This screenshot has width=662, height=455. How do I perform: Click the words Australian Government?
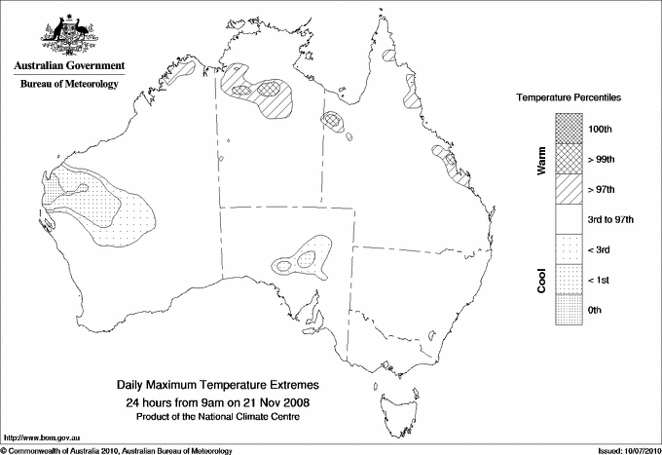pos(69,66)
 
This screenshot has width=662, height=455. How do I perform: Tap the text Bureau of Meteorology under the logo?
pos(69,85)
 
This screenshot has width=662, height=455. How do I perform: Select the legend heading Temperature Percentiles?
pos(570,98)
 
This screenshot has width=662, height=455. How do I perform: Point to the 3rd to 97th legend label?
pos(610,219)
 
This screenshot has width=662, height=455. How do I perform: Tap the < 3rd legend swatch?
pos(570,249)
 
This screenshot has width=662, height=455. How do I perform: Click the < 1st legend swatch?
pos(570,280)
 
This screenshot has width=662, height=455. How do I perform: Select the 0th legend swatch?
pos(570,310)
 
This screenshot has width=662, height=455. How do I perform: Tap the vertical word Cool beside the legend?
pos(541,280)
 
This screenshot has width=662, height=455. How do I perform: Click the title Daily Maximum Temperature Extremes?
pos(219,386)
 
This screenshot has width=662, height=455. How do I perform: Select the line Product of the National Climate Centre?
pos(219,416)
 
